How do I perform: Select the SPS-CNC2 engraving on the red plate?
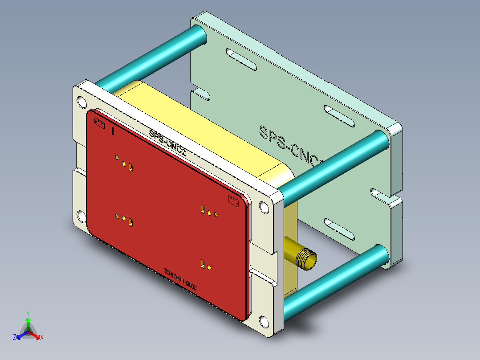(167, 142)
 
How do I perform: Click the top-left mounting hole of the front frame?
(81, 102)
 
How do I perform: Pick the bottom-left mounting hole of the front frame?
(81, 217)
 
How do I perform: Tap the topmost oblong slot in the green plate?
(240, 59)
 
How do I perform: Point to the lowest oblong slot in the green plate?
(339, 227)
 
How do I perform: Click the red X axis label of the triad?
(42, 338)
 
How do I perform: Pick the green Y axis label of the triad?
(28, 313)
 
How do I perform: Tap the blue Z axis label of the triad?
(15, 338)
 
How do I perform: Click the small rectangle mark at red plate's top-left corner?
(99, 122)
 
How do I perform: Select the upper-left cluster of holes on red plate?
(124, 163)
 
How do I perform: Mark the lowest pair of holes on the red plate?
(206, 264)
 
